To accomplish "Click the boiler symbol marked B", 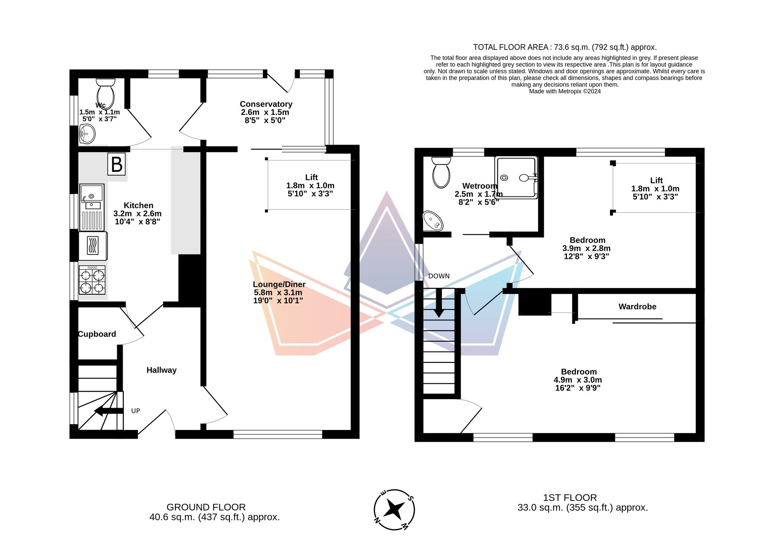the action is pyautogui.click(x=116, y=164).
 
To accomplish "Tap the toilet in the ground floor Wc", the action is pyautogui.click(x=105, y=94).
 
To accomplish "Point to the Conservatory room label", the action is pyautogui.click(x=266, y=104).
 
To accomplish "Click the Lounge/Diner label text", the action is pyautogui.click(x=279, y=284).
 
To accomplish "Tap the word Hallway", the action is pyautogui.click(x=161, y=370).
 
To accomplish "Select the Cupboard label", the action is pyautogui.click(x=97, y=334).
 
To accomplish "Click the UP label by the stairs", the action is pyautogui.click(x=135, y=411).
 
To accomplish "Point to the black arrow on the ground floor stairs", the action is pyautogui.click(x=109, y=411).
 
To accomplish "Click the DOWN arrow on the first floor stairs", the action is pyautogui.click(x=438, y=303).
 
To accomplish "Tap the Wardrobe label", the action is pyautogui.click(x=637, y=307).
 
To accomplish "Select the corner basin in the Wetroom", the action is pyautogui.click(x=433, y=220).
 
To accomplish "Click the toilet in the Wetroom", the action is pyautogui.click(x=441, y=173).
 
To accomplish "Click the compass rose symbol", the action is pyautogui.click(x=394, y=510).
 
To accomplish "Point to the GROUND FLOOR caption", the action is pyautogui.click(x=206, y=507).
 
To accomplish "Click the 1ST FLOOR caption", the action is pyautogui.click(x=570, y=498).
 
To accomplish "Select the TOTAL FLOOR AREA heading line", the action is pyautogui.click(x=565, y=47).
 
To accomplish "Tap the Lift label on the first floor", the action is pyautogui.click(x=656, y=180).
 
